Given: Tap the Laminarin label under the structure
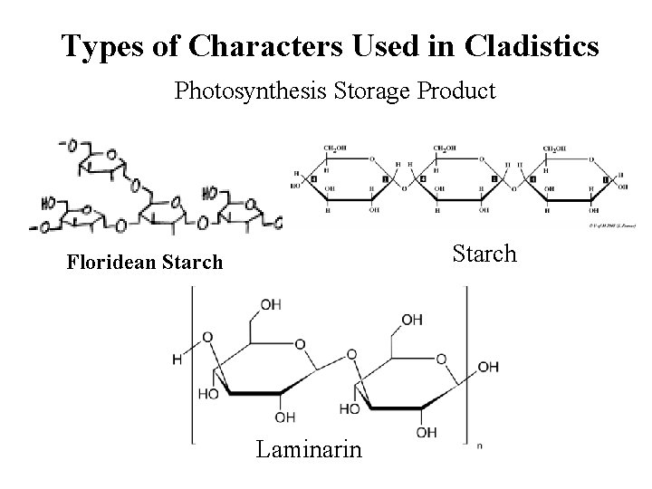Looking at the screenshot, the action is pos(308,448).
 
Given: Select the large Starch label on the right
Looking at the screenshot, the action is pos(484,254).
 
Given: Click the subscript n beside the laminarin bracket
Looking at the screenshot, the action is pos(478,446).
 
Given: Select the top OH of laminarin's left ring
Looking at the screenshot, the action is pos(270,304).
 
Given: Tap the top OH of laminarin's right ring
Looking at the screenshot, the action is pos(411,319).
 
